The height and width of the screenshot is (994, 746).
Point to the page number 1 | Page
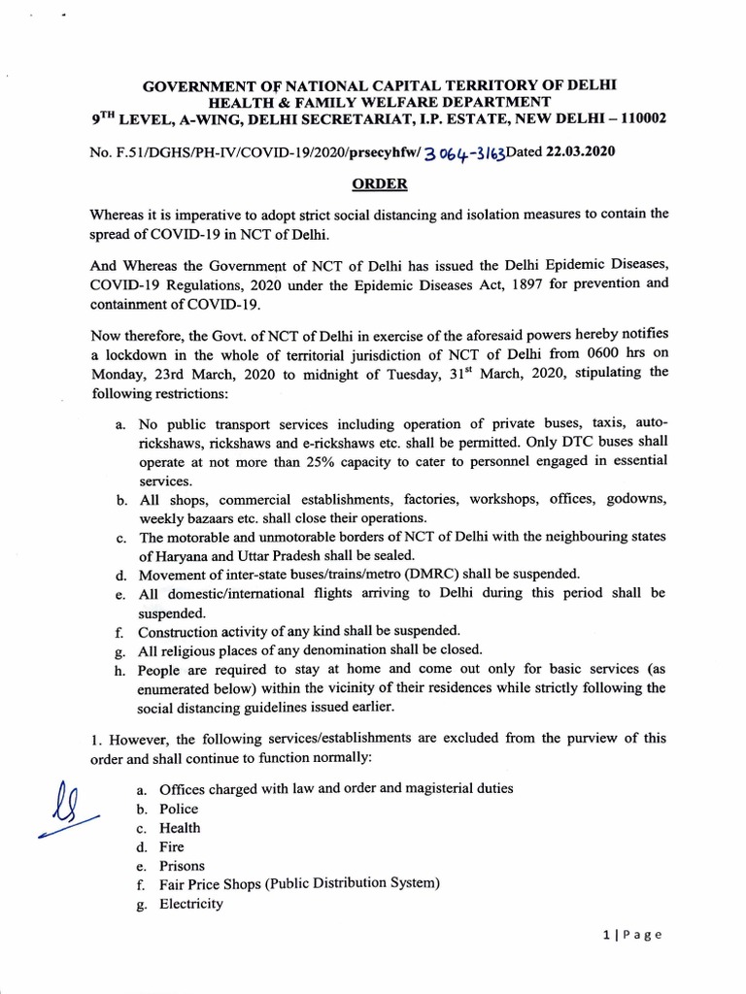(x=630, y=935)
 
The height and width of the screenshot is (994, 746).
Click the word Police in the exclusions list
(x=179, y=809)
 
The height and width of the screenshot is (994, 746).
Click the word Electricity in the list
(x=191, y=903)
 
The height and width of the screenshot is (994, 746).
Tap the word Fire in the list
(x=172, y=846)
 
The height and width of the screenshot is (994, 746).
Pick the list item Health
(x=180, y=828)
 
